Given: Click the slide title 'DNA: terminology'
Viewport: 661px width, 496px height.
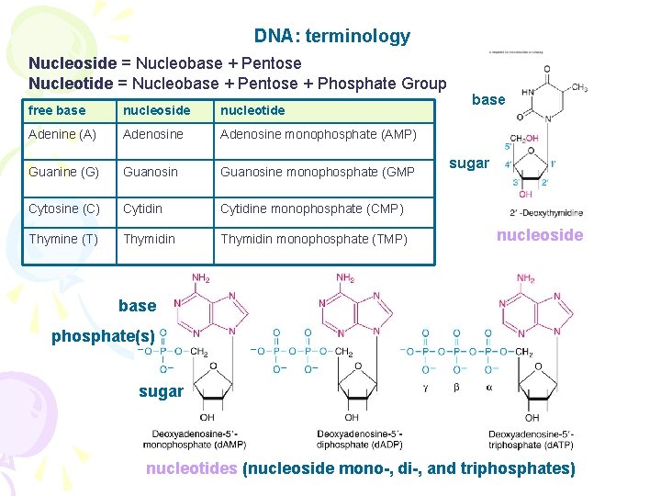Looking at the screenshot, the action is tap(331, 37).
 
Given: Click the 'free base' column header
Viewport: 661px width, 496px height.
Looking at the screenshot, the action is tap(57, 110).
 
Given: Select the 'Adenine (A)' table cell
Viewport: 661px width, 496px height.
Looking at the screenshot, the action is tap(62, 134).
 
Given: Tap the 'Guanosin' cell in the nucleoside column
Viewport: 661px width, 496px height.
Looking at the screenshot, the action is tap(150, 171).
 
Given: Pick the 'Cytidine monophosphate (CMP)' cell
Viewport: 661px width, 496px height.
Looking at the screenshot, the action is tap(311, 209).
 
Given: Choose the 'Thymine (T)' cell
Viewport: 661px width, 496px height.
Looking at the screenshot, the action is tap(63, 239).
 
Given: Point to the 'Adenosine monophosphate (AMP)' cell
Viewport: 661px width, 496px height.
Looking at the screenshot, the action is tap(318, 134).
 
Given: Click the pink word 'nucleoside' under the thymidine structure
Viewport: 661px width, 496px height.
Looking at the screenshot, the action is tap(540, 235).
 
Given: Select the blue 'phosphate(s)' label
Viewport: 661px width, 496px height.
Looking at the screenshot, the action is tap(103, 336).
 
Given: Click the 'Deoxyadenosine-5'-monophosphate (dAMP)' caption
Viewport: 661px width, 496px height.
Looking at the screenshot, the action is tap(194, 439).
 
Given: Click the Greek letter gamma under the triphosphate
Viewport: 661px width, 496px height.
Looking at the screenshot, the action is tap(425, 388).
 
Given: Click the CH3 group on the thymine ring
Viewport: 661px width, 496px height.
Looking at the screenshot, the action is tap(579, 87).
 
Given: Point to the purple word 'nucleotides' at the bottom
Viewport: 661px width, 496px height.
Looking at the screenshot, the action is tap(191, 468).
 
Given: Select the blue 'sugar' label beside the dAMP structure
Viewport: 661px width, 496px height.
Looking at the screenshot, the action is tap(161, 391).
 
